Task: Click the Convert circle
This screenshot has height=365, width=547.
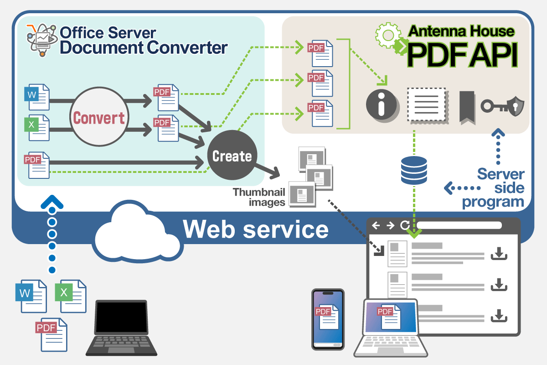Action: point(99,118)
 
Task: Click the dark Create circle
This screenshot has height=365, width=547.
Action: point(232,156)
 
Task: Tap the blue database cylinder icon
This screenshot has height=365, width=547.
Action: point(414,170)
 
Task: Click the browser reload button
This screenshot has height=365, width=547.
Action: point(404,225)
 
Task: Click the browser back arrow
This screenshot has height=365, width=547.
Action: point(376,225)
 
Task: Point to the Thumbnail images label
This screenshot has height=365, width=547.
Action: point(259,197)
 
